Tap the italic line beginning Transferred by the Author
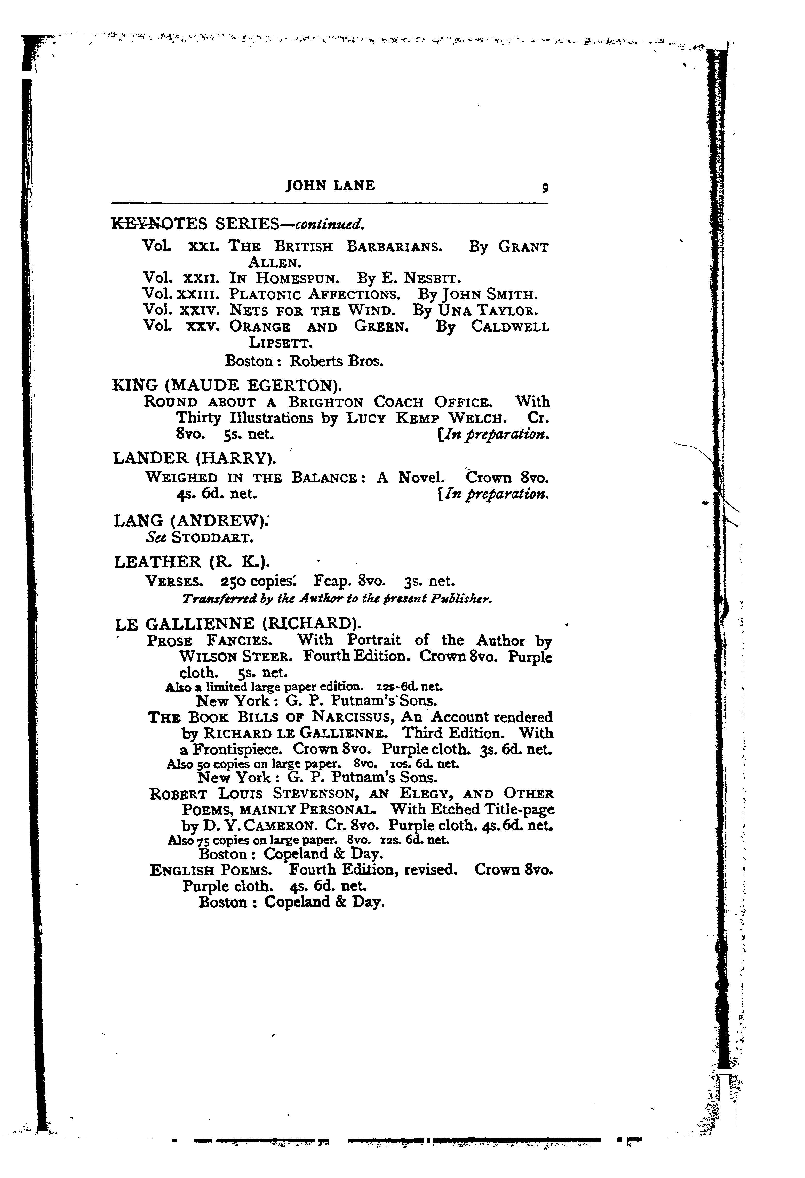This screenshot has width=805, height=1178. tap(337, 599)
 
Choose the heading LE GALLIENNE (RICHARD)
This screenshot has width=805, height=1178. tap(238, 623)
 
